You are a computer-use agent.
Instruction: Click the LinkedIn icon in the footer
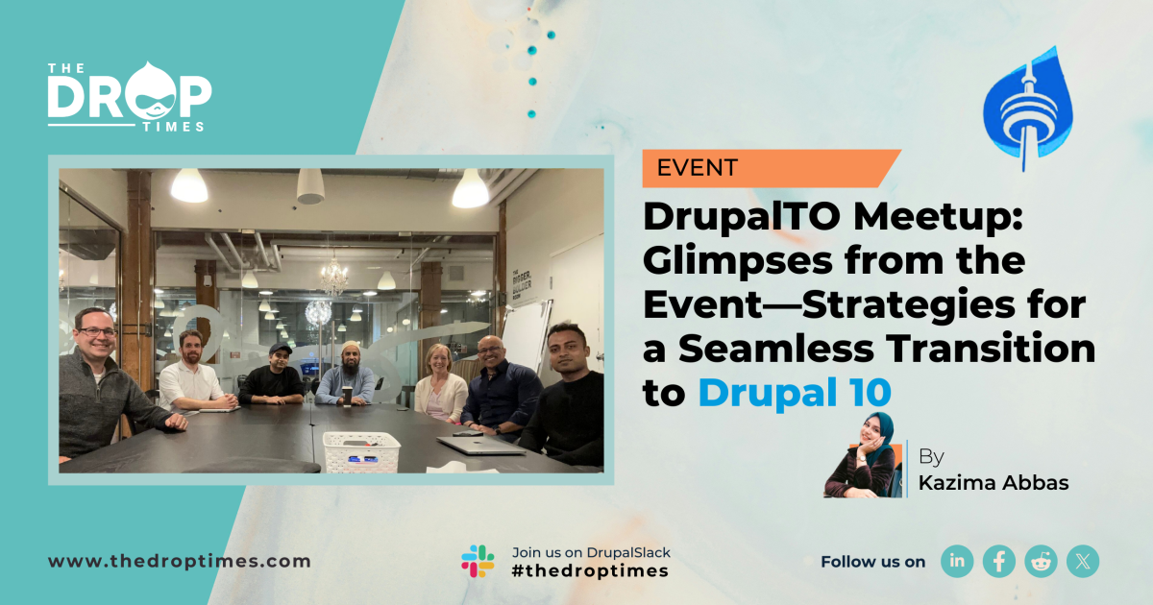(957, 561)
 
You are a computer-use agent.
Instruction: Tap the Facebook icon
(999, 561)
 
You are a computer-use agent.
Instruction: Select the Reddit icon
(1041, 561)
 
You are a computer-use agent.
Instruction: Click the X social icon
(1083, 561)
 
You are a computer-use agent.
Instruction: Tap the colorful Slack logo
(478, 561)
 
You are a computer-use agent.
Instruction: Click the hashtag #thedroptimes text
(590, 570)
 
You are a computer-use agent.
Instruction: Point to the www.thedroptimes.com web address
(180, 561)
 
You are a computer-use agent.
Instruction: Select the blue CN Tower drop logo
(1027, 108)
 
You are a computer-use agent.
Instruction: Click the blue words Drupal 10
(795, 393)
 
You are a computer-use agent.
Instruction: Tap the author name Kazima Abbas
(994, 482)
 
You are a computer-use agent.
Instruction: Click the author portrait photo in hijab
(863, 455)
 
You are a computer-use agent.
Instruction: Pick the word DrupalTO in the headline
(741, 218)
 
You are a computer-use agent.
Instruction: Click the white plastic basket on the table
(361, 451)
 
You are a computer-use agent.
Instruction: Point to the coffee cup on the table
(348, 396)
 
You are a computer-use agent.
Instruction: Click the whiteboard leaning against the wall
(525, 334)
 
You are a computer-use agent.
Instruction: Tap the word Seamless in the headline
(776, 349)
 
